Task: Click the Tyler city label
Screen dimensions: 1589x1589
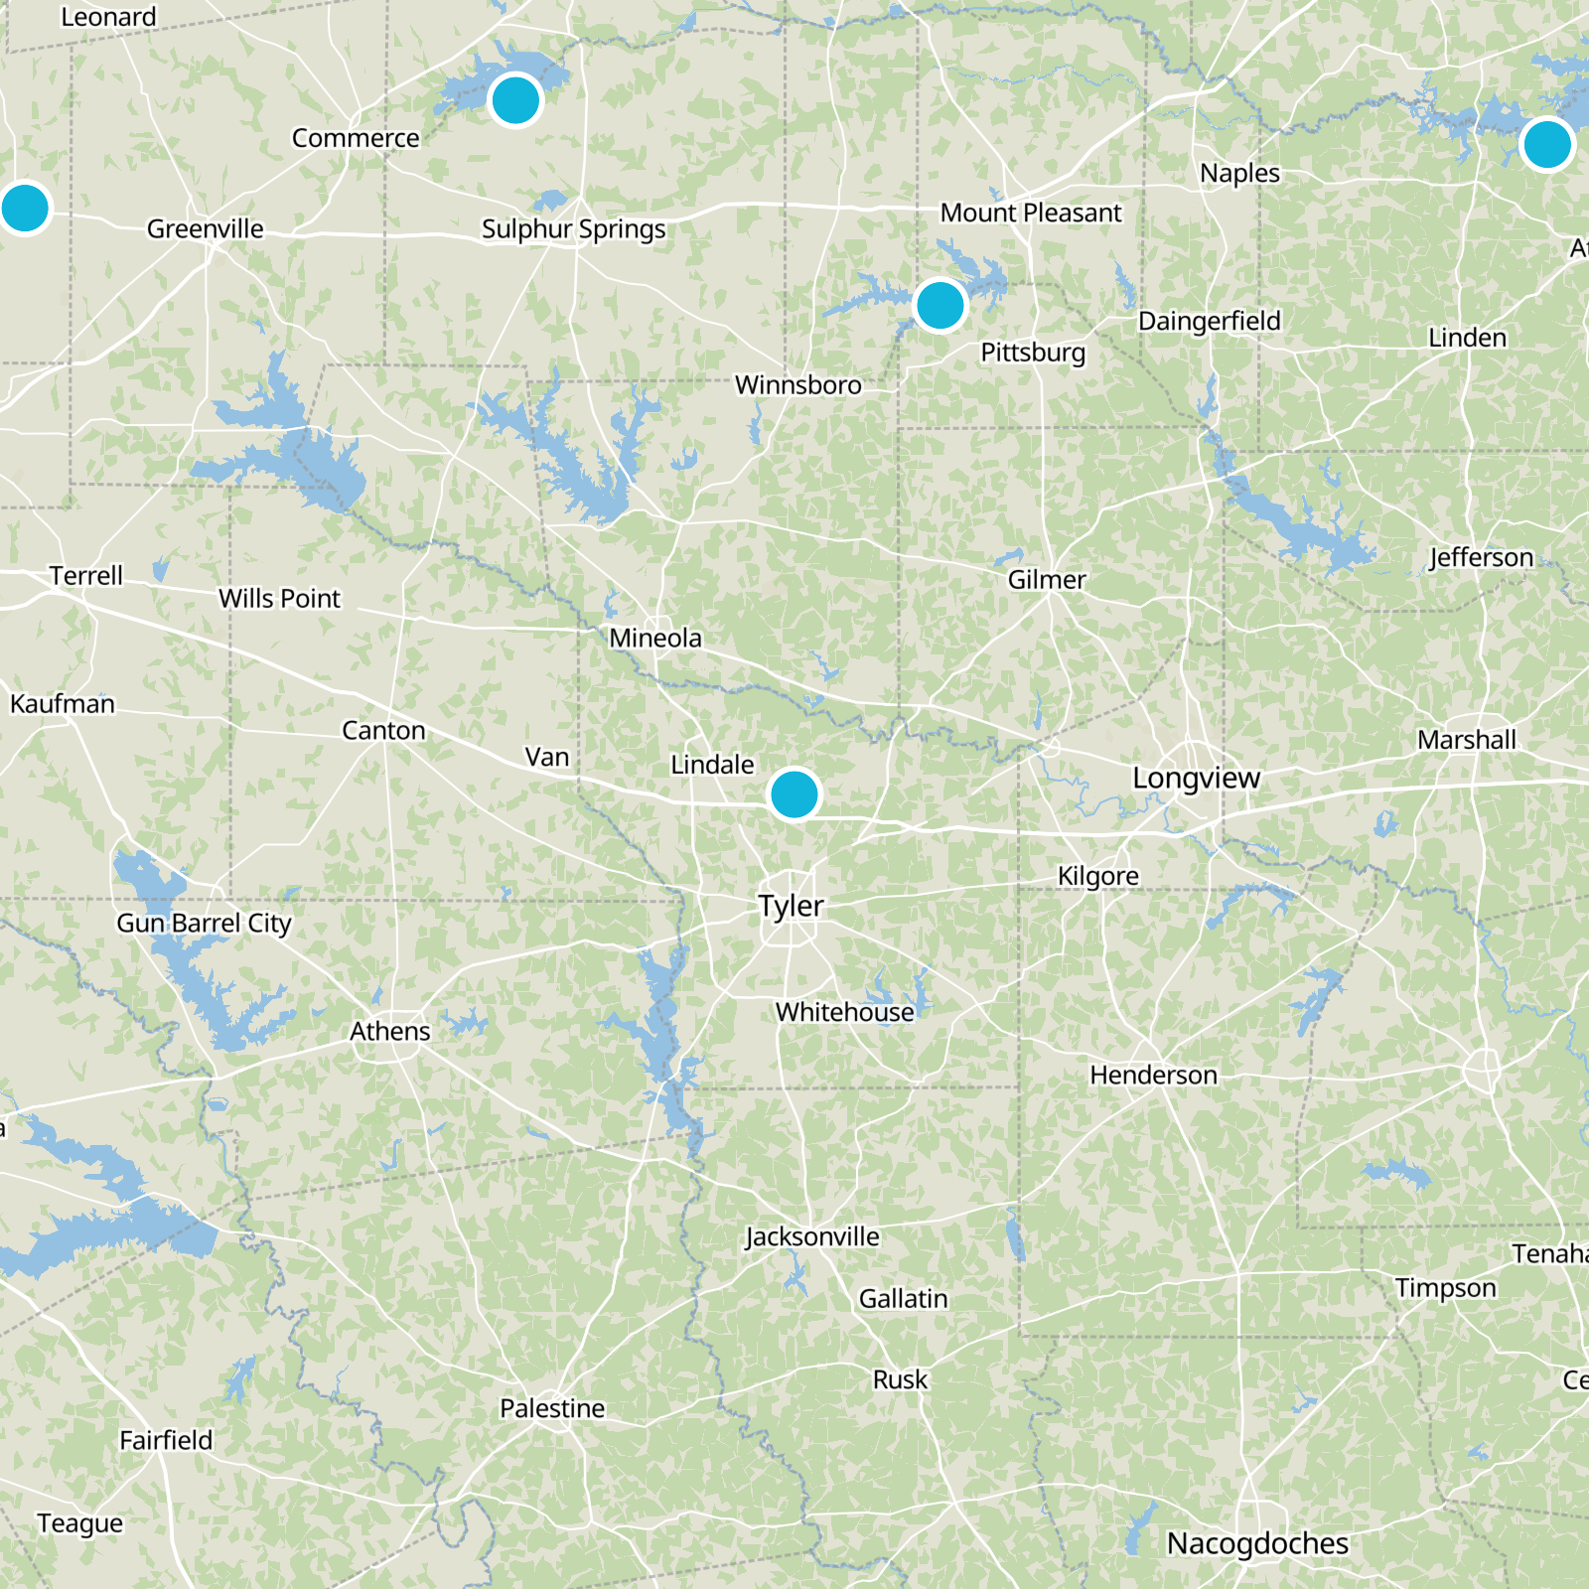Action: [x=791, y=906]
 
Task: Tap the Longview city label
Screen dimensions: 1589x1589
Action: [x=1196, y=778]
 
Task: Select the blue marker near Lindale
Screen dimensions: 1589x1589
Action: [x=794, y=794]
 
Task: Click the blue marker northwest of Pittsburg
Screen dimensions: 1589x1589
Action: [x=939, y=305]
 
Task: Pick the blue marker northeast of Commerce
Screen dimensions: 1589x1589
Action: [x=515, y=100]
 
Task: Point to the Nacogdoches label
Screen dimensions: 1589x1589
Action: [x=1256, y=1543]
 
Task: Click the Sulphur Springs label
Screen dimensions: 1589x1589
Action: [x=573, y=229]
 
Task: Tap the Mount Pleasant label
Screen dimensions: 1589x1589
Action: [x=1030, y=213]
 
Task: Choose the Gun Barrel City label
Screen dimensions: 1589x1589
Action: [x=204, y=923]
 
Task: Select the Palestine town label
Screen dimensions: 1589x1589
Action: [x=552, y=1408]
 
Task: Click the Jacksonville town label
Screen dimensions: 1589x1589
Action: [x=812, y=1236]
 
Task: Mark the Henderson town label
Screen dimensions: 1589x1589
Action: [x=1153, y=1075]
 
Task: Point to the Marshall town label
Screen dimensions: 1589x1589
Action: [x=1466, y=740]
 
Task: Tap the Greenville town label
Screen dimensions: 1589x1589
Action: [x=205, y=229]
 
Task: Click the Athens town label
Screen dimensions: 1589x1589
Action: [x=389, y=1032]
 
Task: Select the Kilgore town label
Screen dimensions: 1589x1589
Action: [x=1097, y=876]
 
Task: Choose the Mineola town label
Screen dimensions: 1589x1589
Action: [x=654, y=638]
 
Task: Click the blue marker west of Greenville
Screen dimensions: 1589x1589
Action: [x=25, y=209]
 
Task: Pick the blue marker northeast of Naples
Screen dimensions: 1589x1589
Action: [x=1546, y=145]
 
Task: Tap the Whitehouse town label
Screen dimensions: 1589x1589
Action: [x=844, y=1012]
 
